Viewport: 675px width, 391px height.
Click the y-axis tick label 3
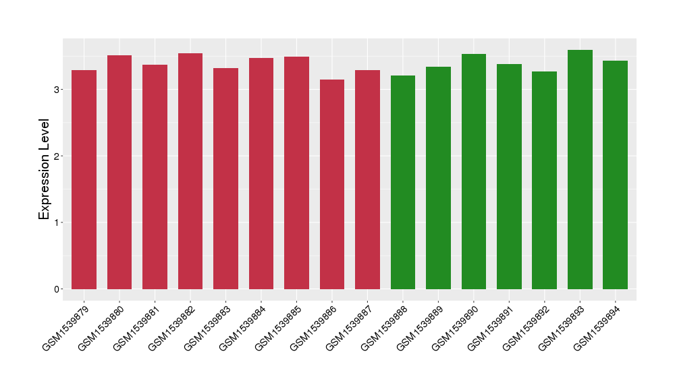tap(58, 90)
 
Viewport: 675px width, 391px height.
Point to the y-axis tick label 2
tap(58, 156)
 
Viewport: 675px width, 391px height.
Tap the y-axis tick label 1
tap(58, 222)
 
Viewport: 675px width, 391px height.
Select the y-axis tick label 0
tap(58, 289)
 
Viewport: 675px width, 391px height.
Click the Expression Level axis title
tap(45, 169)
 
